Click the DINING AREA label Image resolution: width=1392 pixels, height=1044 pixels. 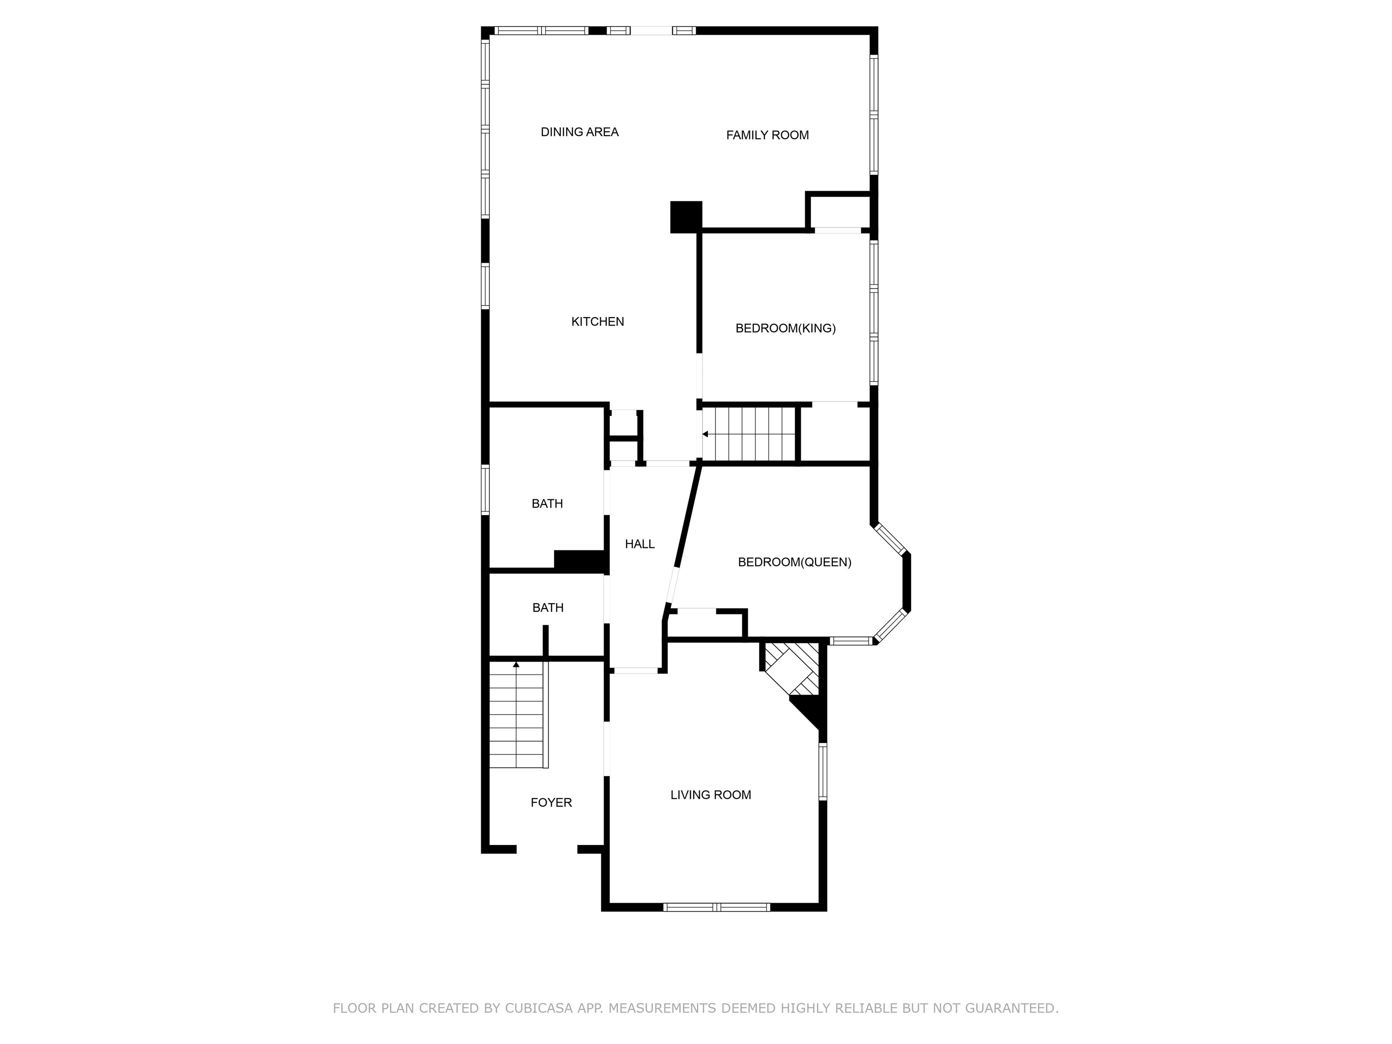tap(580, 132)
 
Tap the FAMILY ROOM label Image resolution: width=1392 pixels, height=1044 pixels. tap(767, 135)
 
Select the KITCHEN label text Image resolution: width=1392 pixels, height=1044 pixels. tap(597, 322)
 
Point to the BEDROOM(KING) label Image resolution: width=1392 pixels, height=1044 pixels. tap(785, 329)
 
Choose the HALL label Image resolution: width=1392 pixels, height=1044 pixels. tap(639, 544)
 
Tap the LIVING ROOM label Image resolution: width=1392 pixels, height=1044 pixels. tap(710, 795)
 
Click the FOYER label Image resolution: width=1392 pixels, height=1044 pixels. tap(551, 802)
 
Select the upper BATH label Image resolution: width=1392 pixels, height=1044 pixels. tap(547, 503)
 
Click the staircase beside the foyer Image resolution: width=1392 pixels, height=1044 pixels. tap(517, 716)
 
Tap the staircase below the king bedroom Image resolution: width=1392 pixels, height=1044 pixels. tap(750, 434)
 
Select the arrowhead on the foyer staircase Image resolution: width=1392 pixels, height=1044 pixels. tap(516, 665)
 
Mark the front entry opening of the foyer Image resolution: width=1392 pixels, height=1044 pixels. tap(547, 850)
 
